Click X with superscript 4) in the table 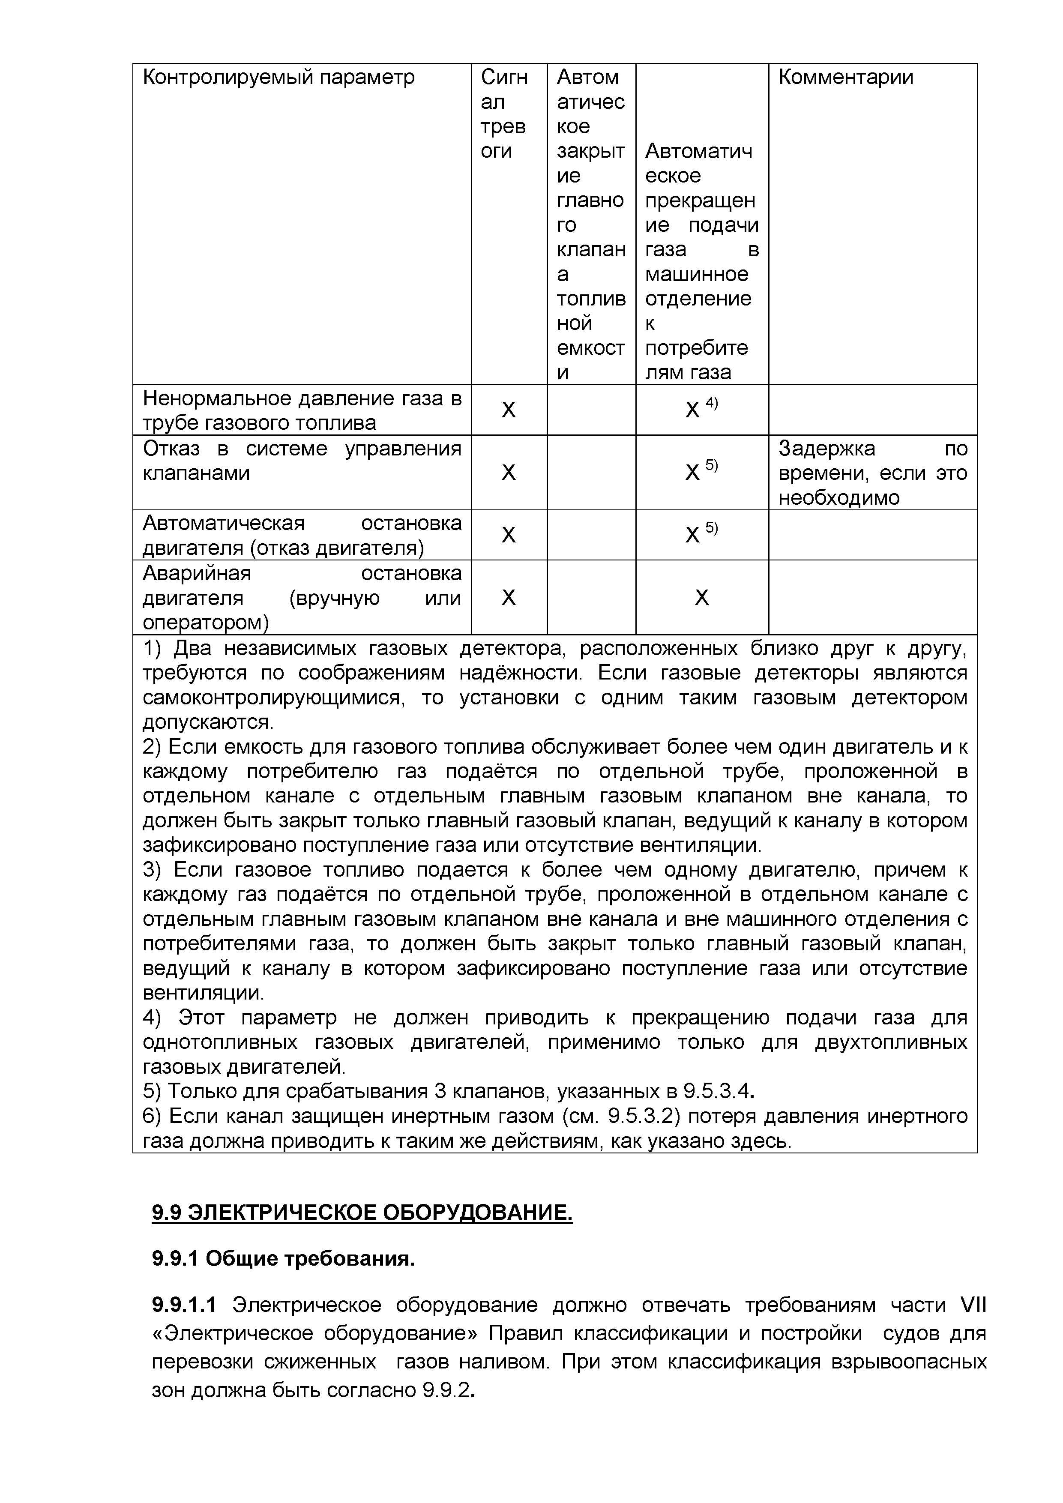pos(700,409)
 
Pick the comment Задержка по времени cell pos(872,473)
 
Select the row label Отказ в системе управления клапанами pos(302,461)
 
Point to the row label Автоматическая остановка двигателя pos(302,535)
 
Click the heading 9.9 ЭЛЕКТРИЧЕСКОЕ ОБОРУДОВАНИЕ pos(362,1213)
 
